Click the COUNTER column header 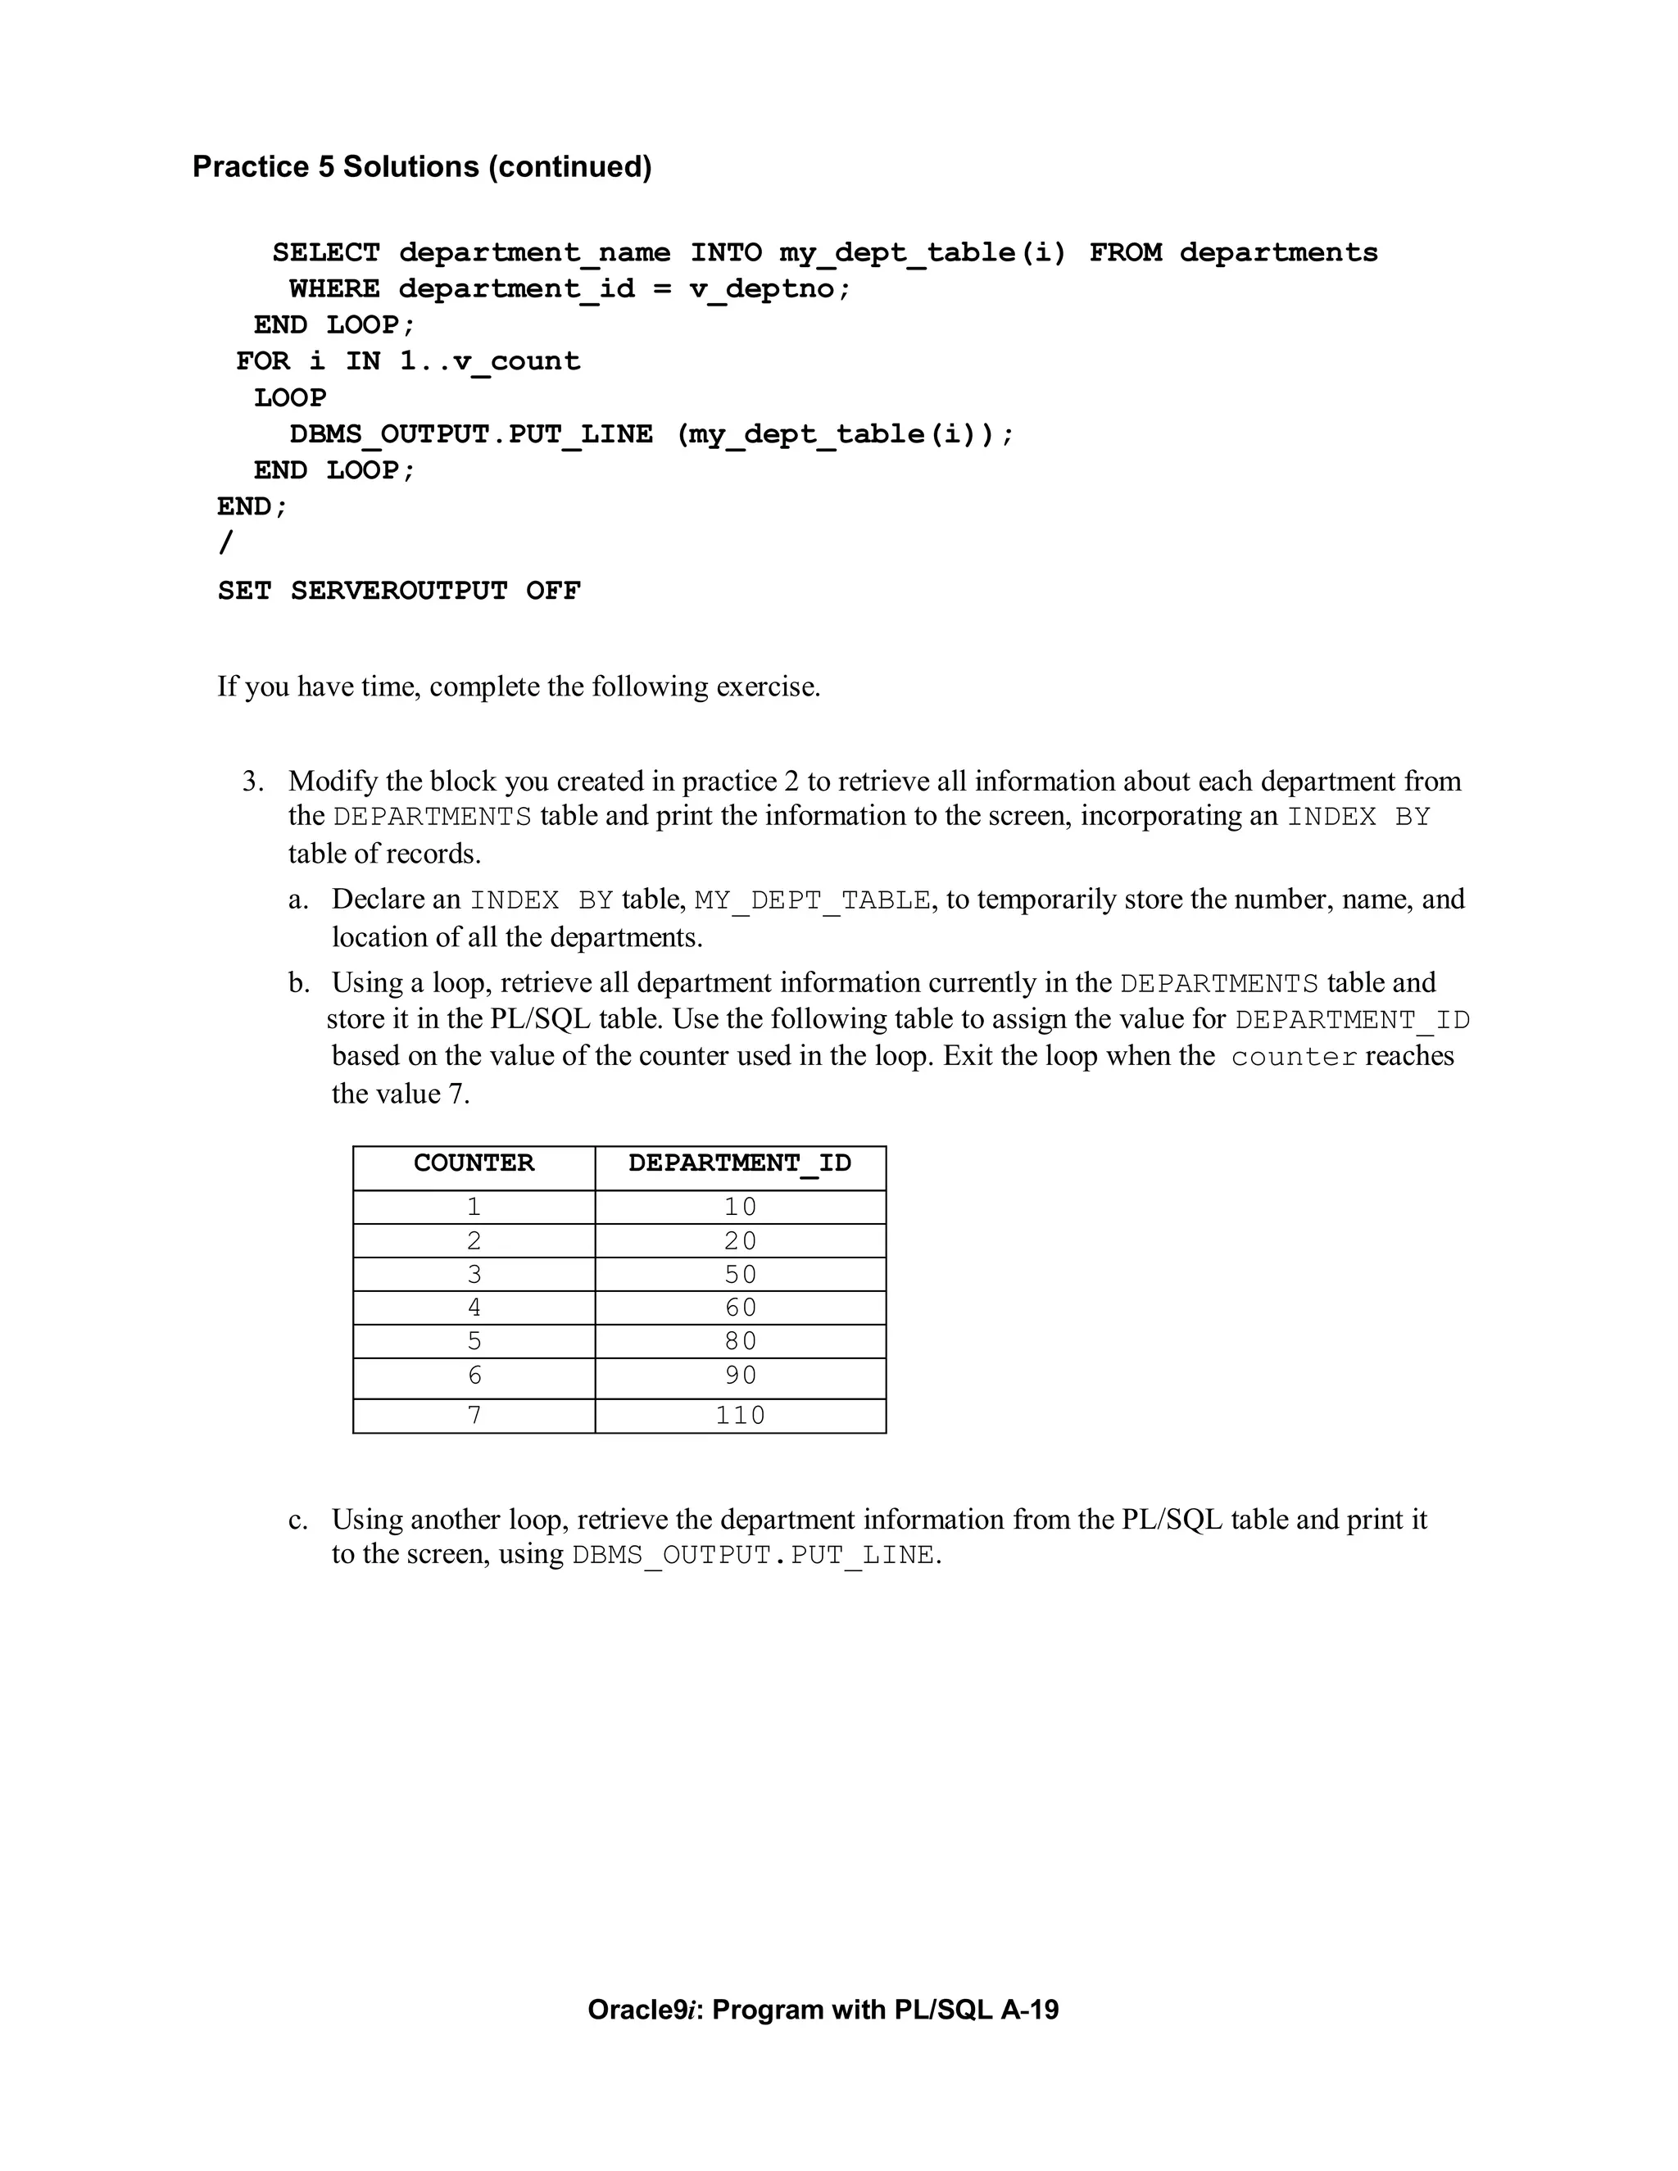[x=474, y=1163]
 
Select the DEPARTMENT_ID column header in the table [x=740, y=1163]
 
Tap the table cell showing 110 [x=741, y=1415]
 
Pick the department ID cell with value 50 [x=741, y=1275]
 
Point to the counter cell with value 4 [x=474, y=1308]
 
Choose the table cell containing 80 [x=741, y=1341]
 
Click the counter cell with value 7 [x=474, y=1415]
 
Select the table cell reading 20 [x=741, y=1240]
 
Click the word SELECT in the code [x=326, y=252]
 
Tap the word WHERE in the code [x=334, y=289]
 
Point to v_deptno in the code [x=769, y=289]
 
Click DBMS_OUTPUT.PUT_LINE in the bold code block [x=471, y=434]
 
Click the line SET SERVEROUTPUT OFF [x=399, y=591]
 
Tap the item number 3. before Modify [x=253, y=782]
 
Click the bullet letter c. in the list [x=297, y=1519]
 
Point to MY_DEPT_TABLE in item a [x=812, y=900]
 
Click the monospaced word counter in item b [x=1293, y=1057]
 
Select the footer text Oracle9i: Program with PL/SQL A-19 [x=823, y=2009]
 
